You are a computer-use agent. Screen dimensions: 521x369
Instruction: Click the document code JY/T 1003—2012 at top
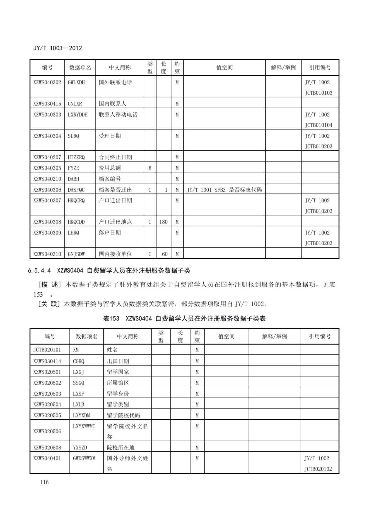(x=57, y=48)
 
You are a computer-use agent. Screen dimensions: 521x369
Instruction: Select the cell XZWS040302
(x=47, y=82)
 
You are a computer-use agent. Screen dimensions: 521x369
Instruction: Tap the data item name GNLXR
(x=75, y=104)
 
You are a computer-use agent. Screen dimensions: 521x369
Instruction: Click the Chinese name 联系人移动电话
(x=118, y=115)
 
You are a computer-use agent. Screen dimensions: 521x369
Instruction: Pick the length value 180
(x=163, y=222)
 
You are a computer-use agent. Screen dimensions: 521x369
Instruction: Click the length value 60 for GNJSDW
(x=165, y=254)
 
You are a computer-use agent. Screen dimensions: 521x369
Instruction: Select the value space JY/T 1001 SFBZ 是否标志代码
(x=224, y=190)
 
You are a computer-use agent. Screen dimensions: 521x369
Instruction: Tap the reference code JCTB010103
(x=318, y=93)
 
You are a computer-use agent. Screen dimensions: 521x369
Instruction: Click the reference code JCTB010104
(x=318, y=125)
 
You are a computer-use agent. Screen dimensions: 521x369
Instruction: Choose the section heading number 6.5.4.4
(x=39, y=270)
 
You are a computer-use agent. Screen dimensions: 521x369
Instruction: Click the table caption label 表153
(x=111, y=319)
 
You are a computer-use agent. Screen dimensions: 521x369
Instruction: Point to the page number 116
(x=44, y=482)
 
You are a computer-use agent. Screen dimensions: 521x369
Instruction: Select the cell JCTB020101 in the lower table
(x=47, y=350)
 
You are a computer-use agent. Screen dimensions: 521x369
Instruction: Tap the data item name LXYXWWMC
(x=84, y=426)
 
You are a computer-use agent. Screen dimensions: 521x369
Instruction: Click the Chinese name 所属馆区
(x=118, y=383)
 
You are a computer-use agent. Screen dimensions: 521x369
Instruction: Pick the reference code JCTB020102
(x=318, y=469)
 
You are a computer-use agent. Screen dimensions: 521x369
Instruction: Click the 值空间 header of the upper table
(x=224, y=67)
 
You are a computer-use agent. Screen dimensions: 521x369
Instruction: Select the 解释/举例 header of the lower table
(x=274, y=336)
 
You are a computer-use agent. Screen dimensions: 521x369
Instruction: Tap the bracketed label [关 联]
(x=49, y=304)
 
